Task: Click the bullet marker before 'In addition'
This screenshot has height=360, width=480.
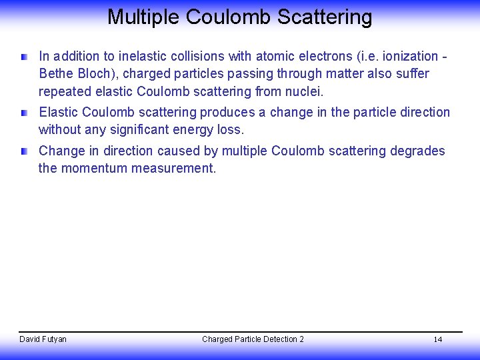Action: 25,57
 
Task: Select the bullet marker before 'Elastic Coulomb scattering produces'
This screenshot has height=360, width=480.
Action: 25,113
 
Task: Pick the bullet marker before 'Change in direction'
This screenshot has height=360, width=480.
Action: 25,152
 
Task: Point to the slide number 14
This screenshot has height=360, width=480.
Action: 438,340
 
